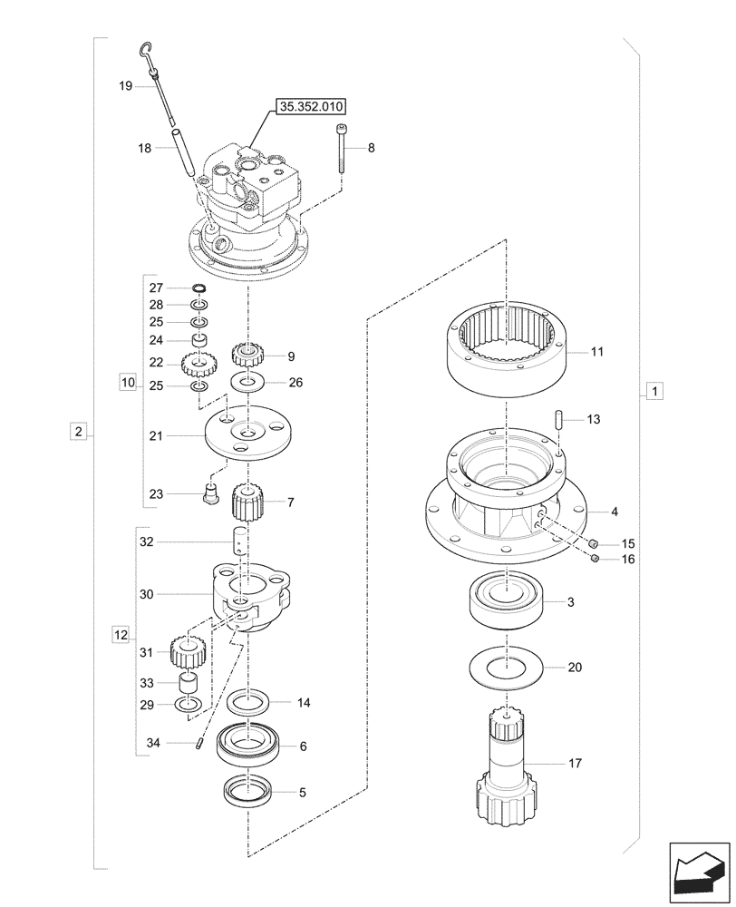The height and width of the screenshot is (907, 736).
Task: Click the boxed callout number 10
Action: [127, 384]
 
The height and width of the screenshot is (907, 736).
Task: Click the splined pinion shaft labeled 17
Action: [508, 771]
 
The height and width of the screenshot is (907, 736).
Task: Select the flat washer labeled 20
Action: [506, 668]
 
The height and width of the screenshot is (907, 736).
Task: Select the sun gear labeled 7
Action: [247, 500]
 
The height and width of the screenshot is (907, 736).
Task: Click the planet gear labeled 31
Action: [185, 651]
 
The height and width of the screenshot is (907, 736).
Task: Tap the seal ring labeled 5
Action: [247, 791]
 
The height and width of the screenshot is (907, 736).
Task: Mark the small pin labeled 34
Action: [198, 744]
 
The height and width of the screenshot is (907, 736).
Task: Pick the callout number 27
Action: [155, 288]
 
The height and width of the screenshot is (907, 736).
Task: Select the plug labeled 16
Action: [595, 559]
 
